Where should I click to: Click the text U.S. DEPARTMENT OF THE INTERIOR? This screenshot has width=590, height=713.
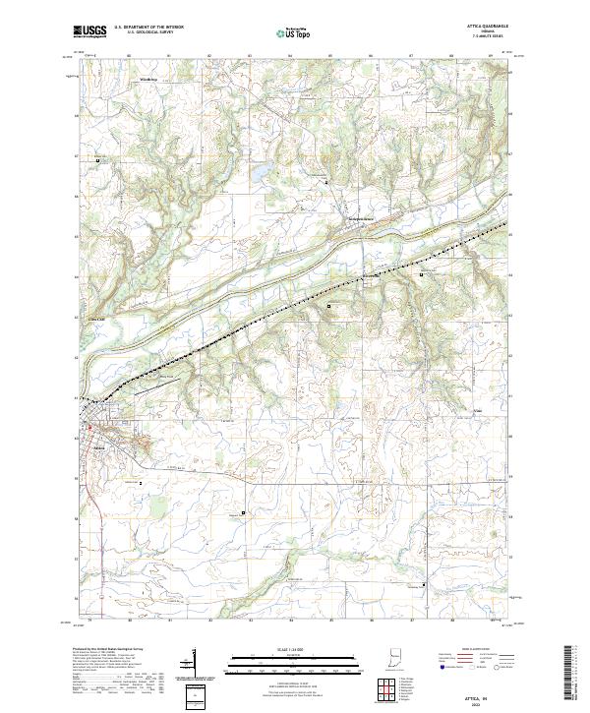pyautogui.click(x=150, y=28)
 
